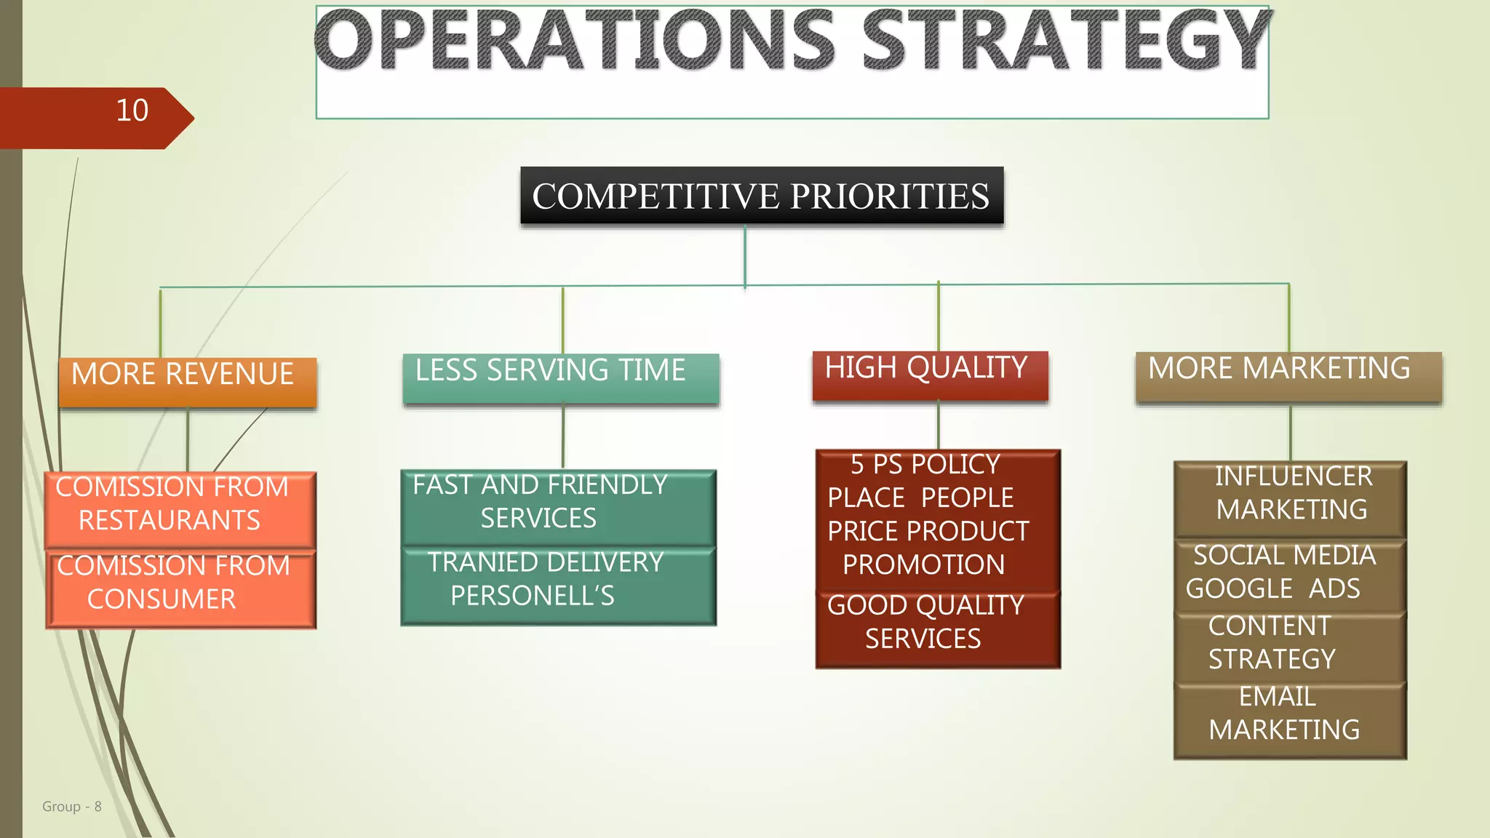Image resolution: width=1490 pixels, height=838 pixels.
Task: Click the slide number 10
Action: (132, 111)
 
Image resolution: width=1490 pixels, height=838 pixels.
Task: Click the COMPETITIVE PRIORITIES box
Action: (761, 196)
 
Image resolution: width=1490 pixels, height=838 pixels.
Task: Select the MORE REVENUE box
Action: (188, 381)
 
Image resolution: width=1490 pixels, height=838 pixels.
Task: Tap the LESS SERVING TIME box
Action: (560, 378)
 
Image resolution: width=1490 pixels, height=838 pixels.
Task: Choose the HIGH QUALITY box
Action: (930, 375)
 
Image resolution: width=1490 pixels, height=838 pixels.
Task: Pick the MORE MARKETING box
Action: (1288, 376)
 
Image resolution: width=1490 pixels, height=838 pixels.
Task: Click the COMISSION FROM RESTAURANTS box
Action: (180, 509)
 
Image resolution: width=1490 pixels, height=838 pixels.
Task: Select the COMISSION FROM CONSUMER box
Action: (181, 588)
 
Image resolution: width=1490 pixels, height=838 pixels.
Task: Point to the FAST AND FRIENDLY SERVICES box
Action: (558, 507)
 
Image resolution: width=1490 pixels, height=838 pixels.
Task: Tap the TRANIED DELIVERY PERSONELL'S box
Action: (558, 585)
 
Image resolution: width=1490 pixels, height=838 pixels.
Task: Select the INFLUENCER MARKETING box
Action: (1289, 498)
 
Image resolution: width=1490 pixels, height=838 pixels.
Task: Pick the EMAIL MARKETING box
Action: (1289, 719)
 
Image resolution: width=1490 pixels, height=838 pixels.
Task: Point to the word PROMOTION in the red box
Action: (923, 564)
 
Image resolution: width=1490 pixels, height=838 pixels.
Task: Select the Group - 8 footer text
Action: (71, 806)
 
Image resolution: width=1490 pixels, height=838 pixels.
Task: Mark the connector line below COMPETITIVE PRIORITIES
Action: (745, 255)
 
